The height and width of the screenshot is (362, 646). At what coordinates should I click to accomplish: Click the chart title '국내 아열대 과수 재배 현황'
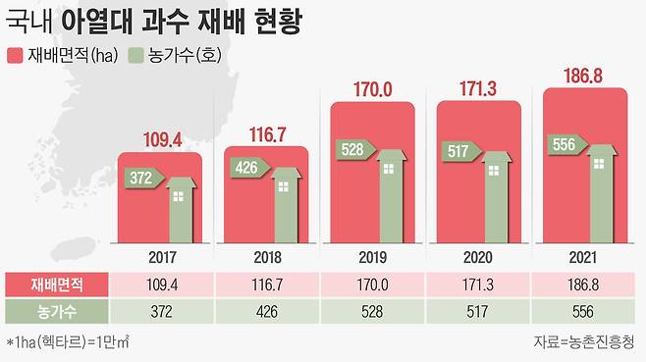(161, 21)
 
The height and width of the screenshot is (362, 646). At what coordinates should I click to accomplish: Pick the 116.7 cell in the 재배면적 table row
(266, 284)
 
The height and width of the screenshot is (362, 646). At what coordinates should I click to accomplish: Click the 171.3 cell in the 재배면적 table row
(478, 284)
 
